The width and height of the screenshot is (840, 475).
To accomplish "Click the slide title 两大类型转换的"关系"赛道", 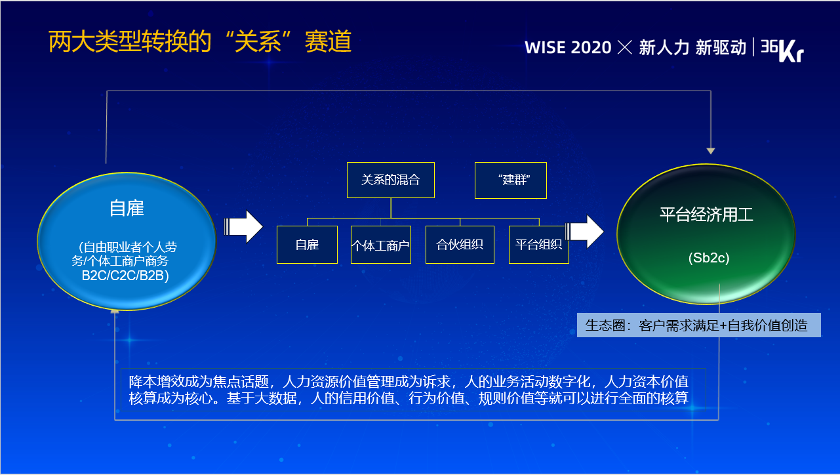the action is pyautogui.click(x=200, y=41).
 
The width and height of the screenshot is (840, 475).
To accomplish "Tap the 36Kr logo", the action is pyautogui.click(x=782, y=50).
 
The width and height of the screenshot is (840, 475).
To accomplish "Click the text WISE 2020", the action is pyautogui.click(x=568, y=48).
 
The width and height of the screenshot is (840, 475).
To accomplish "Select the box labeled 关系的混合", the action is pyautogui.click(x=391, y=180).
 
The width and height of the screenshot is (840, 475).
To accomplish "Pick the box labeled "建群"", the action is pyautogui.click(x=511, y=180).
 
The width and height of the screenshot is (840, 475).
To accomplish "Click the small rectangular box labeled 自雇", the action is pyautogui.click(x=307, y=245).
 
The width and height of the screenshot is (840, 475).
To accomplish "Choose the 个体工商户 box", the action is pyautogui.click(x=381, y=245).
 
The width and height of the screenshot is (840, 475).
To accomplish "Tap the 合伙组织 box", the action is pyautogui.click(x=460, y=245).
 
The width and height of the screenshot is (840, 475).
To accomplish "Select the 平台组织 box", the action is pyautogui.click(x=539, y=245).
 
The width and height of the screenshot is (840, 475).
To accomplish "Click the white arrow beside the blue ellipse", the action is pyautogui.click(x=243, y=226).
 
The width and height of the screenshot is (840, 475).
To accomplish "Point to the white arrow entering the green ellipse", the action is pyautogui.click(x=584, y=232).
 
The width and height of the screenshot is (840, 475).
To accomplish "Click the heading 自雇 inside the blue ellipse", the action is pyautogui.click(x=127, y=208).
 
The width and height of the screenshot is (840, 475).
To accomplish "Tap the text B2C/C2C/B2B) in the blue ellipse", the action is pyautogui.click(x=125, y=276).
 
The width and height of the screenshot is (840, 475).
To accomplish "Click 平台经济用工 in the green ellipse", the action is pyautogui.click(x=706, y=215).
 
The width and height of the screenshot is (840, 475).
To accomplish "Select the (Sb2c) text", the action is pyautogui.click(x=709, y=258).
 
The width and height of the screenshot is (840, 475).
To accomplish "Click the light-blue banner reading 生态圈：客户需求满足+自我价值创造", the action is pyautogui.click(x=698, y=325).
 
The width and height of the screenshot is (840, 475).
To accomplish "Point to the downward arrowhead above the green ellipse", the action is pyautogui.click(x=711, y=151).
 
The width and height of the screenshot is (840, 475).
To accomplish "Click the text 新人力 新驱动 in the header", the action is pyautogui.click(x=692, y=48).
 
